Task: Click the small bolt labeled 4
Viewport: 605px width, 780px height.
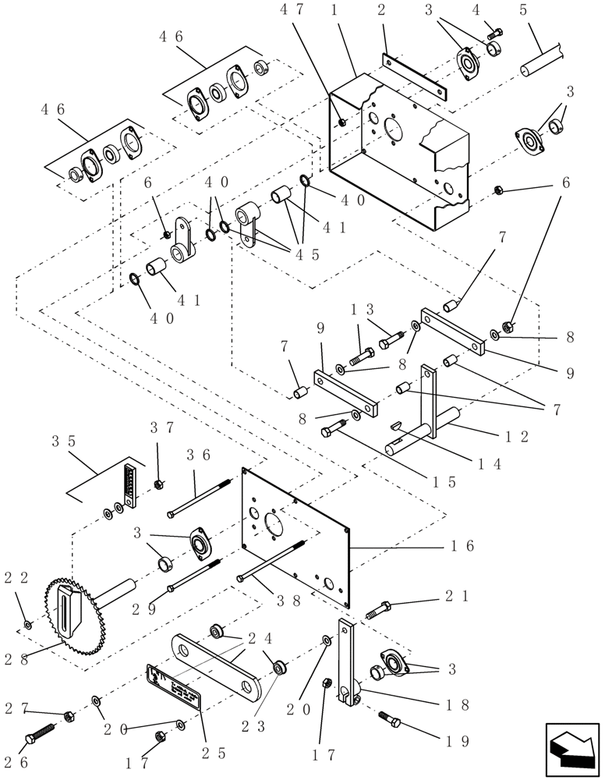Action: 495,33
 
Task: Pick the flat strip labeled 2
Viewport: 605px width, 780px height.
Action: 414,76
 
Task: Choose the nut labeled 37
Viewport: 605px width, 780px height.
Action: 158,485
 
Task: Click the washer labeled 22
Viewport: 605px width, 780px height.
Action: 28,624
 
